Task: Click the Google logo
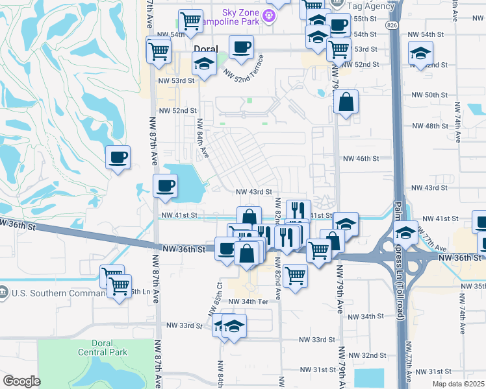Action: [x=21, y=381]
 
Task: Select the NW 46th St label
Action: [x=361, y=158]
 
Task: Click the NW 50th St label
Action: [x=431, y=95]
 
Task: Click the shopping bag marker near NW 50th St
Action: [x=346, y=102]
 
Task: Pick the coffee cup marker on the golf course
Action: [x=118, y=158]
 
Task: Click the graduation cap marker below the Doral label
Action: [x=205, y=65]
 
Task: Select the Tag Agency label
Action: [x=372, y=6]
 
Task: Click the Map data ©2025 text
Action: [x=454, y=382]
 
